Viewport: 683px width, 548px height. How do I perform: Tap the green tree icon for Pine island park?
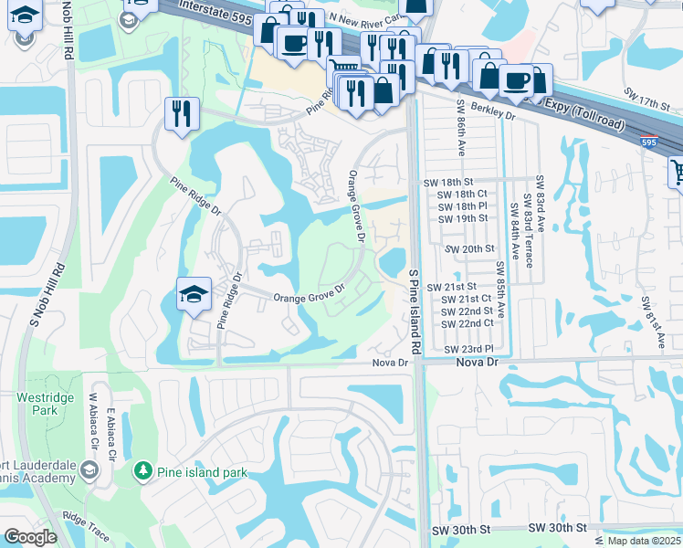tap(142, 471)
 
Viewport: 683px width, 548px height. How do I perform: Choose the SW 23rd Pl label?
tap(468, 350)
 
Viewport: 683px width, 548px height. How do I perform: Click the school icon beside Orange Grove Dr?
tap(194, 295)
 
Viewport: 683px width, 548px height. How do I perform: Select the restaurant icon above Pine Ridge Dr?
tap(182, 113)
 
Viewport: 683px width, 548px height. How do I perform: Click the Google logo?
tap(31, 537)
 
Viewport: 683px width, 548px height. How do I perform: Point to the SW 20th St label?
tap(468, 248)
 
